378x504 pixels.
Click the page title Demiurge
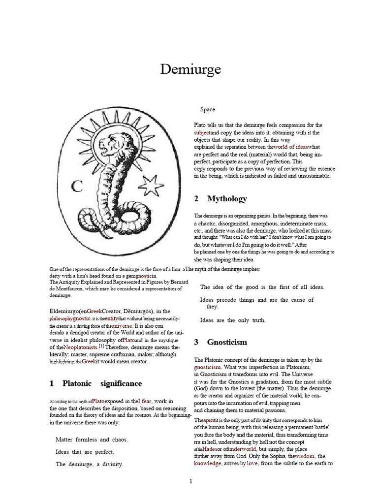pos(190,70)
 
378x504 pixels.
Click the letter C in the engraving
pos(76,187)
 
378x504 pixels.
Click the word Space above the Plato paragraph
pos(208,109)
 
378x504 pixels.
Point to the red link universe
pos(122,326)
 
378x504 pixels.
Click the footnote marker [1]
pos(101,346)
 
